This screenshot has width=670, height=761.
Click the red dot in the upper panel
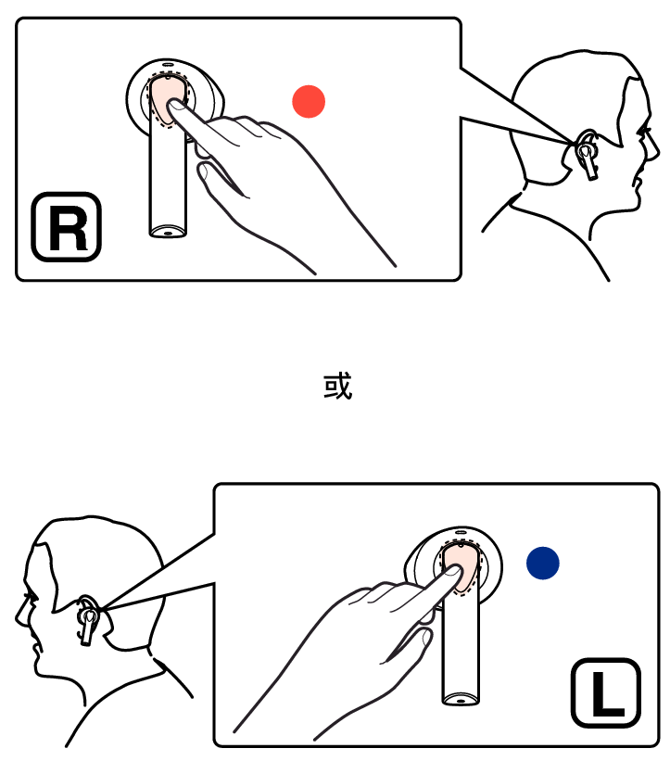(x=309, y=101)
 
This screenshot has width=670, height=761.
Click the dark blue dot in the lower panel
(x=543, y=563)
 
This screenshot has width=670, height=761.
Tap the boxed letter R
(x=67, y=227)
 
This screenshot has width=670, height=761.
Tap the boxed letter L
(x=606, y=693)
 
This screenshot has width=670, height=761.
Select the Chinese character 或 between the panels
(x=337, y=387)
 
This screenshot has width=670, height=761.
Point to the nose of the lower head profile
(x=20, y=615)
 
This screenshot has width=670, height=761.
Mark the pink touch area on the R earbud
(x=165, y=99)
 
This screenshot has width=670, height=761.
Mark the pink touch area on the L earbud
(x=461, y=565)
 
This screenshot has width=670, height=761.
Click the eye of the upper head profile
(x=645, y=131)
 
